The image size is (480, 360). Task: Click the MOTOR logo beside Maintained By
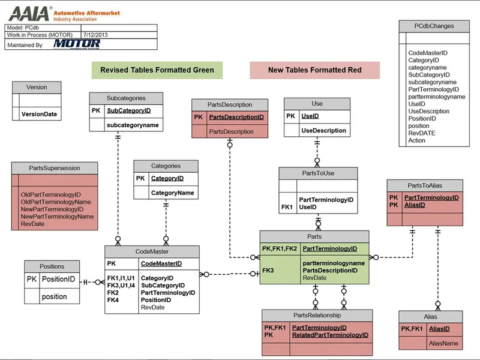pos(76,44)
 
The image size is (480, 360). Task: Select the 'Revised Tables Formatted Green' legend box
pos(157,70)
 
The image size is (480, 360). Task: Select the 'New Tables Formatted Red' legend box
pos(314,70)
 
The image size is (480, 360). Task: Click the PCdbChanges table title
pos(434,26)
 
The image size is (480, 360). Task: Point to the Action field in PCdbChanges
pos(416,140)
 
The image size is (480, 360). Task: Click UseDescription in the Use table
pos(323,130)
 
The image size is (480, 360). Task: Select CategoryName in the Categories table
pos(172,193)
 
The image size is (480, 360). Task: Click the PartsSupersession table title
pos(54,168)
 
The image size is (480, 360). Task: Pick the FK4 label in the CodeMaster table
pos(113,300)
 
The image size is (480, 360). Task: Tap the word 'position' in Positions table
pos(54,296)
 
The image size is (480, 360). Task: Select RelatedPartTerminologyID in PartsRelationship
pos(330,335)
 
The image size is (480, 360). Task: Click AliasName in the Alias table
pos(443,343)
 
